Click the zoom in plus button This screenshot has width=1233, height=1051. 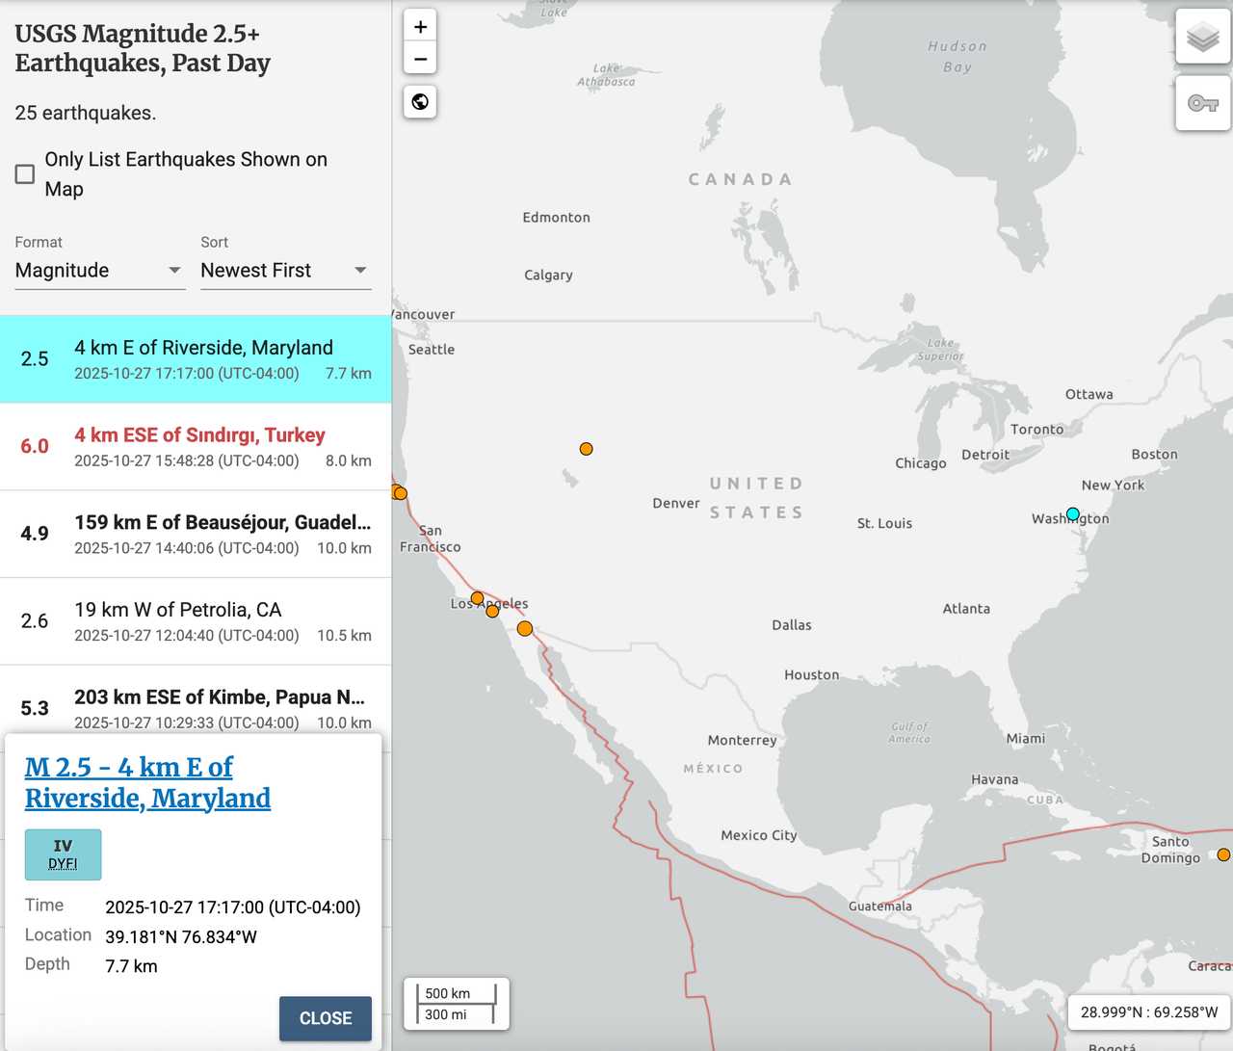420,27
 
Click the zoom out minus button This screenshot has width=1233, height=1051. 420,59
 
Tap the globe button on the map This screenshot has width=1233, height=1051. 420,102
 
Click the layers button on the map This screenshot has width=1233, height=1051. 1202,38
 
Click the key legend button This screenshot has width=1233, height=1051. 1202,103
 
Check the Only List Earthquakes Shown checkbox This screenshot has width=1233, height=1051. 25,174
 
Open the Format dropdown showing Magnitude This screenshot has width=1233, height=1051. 98,271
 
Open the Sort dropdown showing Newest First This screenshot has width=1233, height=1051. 285,271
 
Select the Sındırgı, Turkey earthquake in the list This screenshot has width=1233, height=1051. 199,435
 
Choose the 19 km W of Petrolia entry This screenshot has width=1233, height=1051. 178,610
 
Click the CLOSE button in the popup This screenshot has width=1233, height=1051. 325,1018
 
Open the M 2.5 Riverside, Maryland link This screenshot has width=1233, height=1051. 147,782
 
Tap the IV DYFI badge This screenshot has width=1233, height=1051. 63,854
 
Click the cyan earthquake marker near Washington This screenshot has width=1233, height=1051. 1073,513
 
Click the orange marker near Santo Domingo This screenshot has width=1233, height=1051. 1223,854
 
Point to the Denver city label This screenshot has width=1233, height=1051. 676,503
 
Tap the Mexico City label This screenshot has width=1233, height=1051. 759,835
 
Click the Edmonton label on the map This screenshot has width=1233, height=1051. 557,218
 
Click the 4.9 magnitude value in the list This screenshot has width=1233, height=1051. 35,534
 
